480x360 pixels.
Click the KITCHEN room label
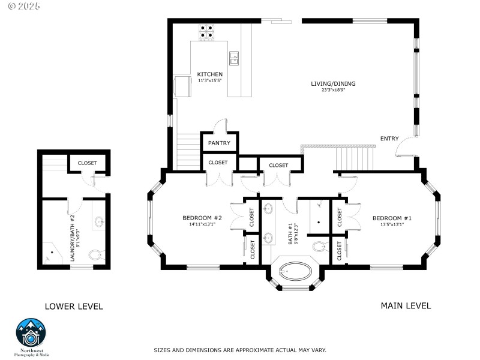click(210, 74)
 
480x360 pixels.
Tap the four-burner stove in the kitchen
click(207, 31)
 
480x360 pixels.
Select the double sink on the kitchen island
click(234, 58)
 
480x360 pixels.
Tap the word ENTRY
click(389, 139)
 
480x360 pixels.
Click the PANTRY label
click(219, 143)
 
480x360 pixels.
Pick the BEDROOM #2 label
click(202, 218)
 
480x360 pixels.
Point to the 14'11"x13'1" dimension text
click(202, 225)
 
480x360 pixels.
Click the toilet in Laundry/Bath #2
click(95, 255)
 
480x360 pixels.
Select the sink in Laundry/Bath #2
click(100, 223)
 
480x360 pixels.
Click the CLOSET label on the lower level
click(87, 163)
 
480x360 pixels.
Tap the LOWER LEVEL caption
click(74, 307)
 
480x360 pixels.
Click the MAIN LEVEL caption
click(406, 305)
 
